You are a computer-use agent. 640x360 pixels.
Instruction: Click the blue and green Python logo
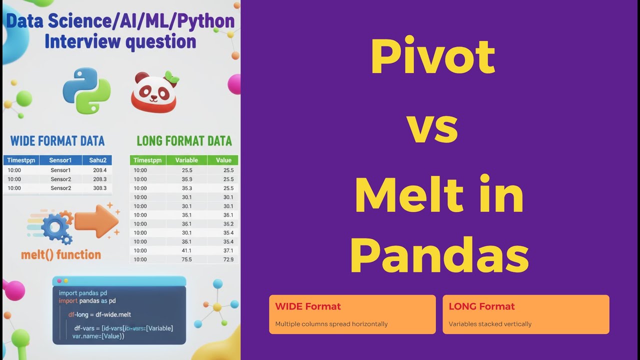[x=86, y=91]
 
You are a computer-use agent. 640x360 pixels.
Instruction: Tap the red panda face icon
[x=154, y=93]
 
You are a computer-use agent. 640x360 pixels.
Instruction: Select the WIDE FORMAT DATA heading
[x=57, y=140]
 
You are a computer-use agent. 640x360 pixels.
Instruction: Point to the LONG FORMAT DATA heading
[x=184, y=140]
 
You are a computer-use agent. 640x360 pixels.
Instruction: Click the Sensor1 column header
[x=60, y=160]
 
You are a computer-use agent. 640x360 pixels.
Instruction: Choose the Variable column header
[x=186, y=160]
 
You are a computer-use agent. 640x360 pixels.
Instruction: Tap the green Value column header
[x=223, y=160]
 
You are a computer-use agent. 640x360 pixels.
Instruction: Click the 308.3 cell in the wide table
[x=99, y=188]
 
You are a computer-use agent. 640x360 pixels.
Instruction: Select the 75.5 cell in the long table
[x=186, y=259]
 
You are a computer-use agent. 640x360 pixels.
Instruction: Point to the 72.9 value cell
[x=227, y=259]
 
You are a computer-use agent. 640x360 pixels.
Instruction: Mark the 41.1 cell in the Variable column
[x=186, y=250]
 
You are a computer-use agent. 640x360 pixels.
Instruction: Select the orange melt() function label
[x=61, y=255]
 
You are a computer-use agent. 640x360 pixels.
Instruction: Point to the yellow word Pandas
[x=439, y=256]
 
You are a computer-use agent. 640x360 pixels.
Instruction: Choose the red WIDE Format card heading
[x=308, y=306]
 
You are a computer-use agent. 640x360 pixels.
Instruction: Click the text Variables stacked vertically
[x=490, y=324]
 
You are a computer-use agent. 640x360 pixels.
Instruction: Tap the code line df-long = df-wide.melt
[x=99, y=314]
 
